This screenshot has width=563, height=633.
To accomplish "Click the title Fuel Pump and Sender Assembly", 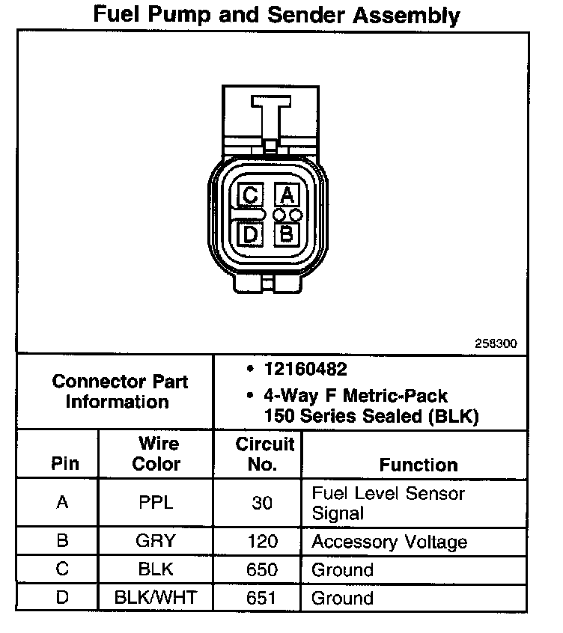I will (x=276, y=15).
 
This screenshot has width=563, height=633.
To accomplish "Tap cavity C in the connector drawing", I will (x=250, y=196).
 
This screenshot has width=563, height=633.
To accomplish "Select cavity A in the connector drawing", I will (x=286, y=196).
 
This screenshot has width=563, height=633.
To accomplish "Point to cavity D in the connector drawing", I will (x=250, y=235).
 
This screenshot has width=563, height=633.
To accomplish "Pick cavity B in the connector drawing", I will (x=286, y=235).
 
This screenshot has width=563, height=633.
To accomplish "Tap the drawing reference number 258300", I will (x=496, y=344).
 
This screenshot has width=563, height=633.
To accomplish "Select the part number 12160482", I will (x=305, y=370).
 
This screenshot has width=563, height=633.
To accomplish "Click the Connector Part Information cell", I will (x=120, y=391).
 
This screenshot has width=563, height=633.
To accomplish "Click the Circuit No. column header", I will (x=264, y=453).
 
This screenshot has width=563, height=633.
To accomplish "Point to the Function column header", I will (x=419, y=465).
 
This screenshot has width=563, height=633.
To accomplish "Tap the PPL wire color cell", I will (x=156, y=503).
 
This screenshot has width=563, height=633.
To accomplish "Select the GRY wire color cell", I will (x=156, y=542).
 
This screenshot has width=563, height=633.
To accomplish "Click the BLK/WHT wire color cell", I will (x=156, y=598).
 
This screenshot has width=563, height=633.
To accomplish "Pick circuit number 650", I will (x=262, y=569).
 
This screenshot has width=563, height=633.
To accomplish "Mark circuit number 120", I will (x=262, y=542).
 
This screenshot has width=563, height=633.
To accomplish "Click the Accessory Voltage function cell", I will (x=389, y=542).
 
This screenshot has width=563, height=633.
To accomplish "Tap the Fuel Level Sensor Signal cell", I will (x=388, y=503).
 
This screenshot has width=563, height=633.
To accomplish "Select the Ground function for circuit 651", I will (x=342, y=598).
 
